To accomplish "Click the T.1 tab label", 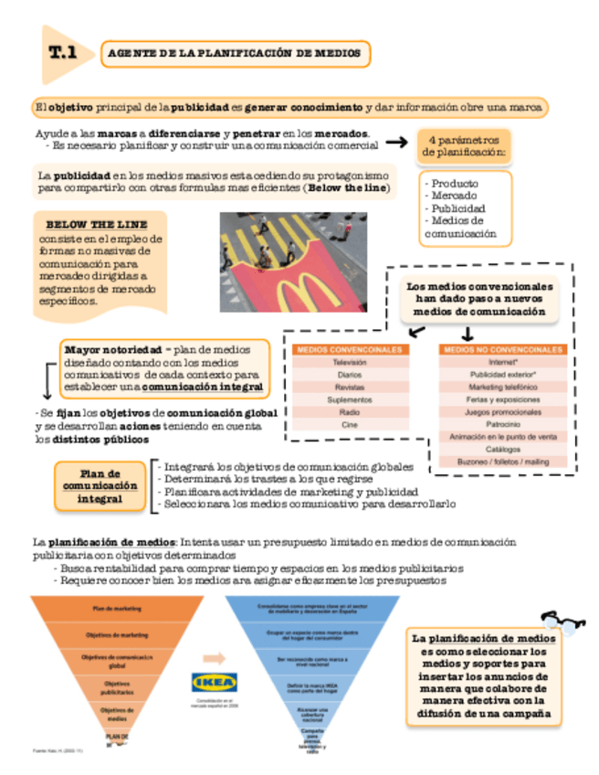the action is click(62, 54).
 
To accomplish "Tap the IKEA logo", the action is click(214, 683).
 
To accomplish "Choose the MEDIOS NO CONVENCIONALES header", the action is click(502, 350).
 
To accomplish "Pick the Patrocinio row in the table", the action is click(502, 424).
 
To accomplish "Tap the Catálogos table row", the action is click(502, 449).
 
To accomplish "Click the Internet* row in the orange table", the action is click(502, 363).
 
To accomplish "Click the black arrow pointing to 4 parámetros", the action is click(395, 143).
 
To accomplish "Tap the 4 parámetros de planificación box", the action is click(466, 147).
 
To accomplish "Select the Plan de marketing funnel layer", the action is click(116, 608).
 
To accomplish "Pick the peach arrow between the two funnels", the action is click(214, 657).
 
